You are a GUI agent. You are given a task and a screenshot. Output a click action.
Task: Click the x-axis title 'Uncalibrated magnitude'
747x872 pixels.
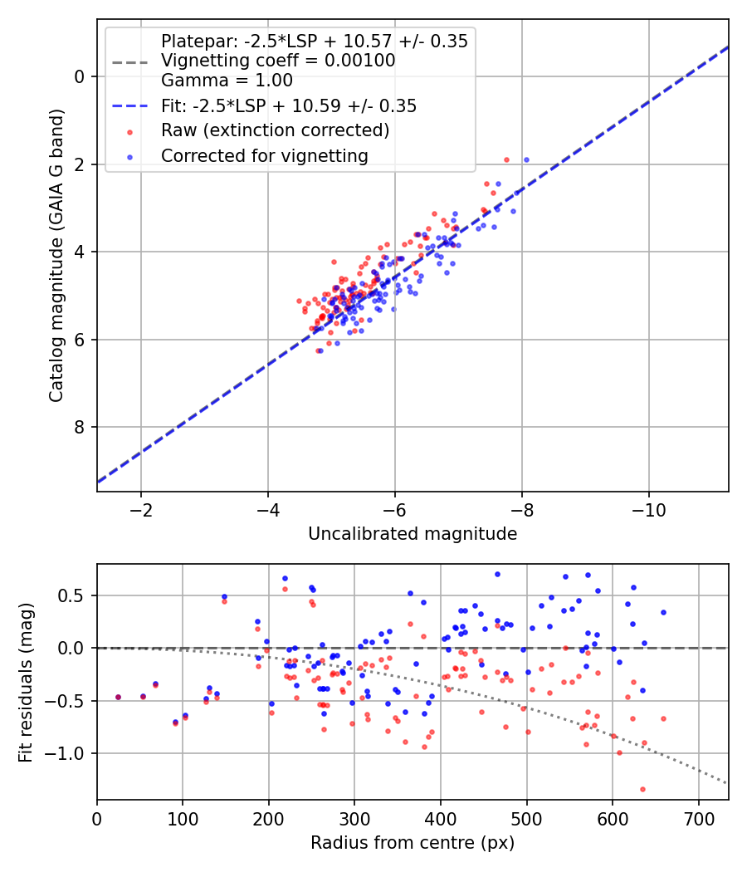click(x=413, y=534)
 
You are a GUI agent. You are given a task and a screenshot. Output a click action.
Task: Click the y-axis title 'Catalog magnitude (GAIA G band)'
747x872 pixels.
click(x=56, y=255)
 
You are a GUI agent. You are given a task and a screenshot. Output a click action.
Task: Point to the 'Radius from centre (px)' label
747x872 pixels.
click(x=413, y=843)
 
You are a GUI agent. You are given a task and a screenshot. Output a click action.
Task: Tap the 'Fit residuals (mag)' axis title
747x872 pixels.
click(x=26, y=683)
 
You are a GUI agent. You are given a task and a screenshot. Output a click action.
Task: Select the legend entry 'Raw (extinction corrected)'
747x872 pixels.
click(x=275, y=130)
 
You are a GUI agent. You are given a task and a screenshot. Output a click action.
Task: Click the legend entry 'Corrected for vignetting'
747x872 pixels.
click(x=265, y=156)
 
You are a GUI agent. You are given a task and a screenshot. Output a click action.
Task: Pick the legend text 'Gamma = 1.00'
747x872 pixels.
click(x=227, y=81)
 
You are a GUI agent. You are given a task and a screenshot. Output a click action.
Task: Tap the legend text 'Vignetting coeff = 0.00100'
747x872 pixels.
click(x=278, y=61)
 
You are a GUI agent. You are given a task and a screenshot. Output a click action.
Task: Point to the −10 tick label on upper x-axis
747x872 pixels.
click(x=648, y=510)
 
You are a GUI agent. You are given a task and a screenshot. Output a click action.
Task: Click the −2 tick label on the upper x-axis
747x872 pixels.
click(x=141, y=510)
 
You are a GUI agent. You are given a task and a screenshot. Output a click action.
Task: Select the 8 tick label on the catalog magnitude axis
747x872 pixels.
click(x=80, y=427)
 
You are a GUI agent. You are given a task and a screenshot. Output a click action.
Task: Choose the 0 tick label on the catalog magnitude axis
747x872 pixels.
click(x=80, y=76)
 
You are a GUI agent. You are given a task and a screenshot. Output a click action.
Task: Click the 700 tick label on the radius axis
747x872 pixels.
click(x=699, y=819)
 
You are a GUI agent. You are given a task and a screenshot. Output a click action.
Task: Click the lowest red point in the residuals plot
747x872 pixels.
click(x=642, y=789)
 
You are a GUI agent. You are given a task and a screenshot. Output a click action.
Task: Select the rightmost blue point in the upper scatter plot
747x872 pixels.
click(x=526, y=160)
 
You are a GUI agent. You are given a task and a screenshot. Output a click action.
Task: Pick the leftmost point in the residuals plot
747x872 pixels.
click(x=118, y=697)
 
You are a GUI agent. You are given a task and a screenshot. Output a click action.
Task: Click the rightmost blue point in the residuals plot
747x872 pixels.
click(x=663, y=612)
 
